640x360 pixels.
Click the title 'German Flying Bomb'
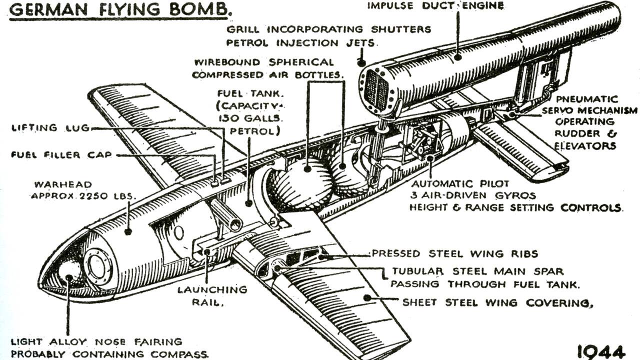tap(120, 10)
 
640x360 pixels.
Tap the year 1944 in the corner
tap(601, 352)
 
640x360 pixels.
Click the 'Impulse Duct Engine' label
tap(435, 5)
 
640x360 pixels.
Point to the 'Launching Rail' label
tap(212, 296)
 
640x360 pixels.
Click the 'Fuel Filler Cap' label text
tap(61, 155)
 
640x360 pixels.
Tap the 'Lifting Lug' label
tap(50, 127)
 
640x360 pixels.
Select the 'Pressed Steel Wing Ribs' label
tap(455, 253)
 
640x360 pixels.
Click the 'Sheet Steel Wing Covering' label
tap(497, 302)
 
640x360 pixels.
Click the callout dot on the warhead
tap(128, 231)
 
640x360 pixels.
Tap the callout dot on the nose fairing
tap(68, 277)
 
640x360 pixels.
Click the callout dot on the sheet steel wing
tap(367, 298)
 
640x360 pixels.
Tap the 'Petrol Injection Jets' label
tap(300, 43)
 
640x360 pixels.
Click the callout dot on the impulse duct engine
tap(457, 57)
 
